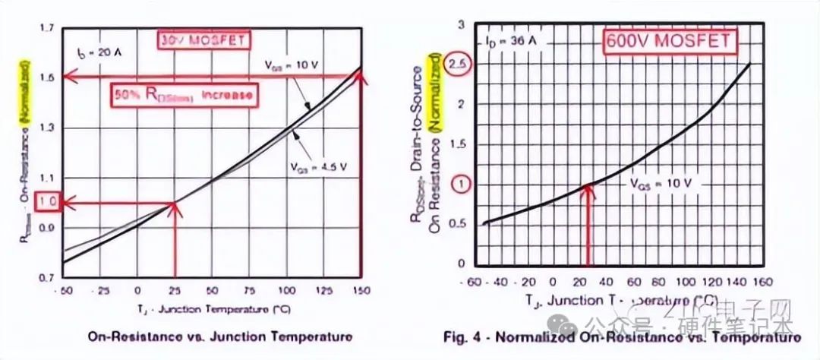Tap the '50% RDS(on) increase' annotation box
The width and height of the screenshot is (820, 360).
pyautogui.click(x=181, y=95)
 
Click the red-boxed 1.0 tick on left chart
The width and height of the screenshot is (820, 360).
pyautogui.click(x=48, y=203)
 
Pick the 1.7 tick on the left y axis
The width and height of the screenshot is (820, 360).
pyautogui.click(x=48, y=29)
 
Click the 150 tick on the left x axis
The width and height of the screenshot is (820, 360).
pyautogui.click(x=361, y=291)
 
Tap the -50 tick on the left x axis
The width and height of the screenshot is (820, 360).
pyautogui.click(x=64, y=291)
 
